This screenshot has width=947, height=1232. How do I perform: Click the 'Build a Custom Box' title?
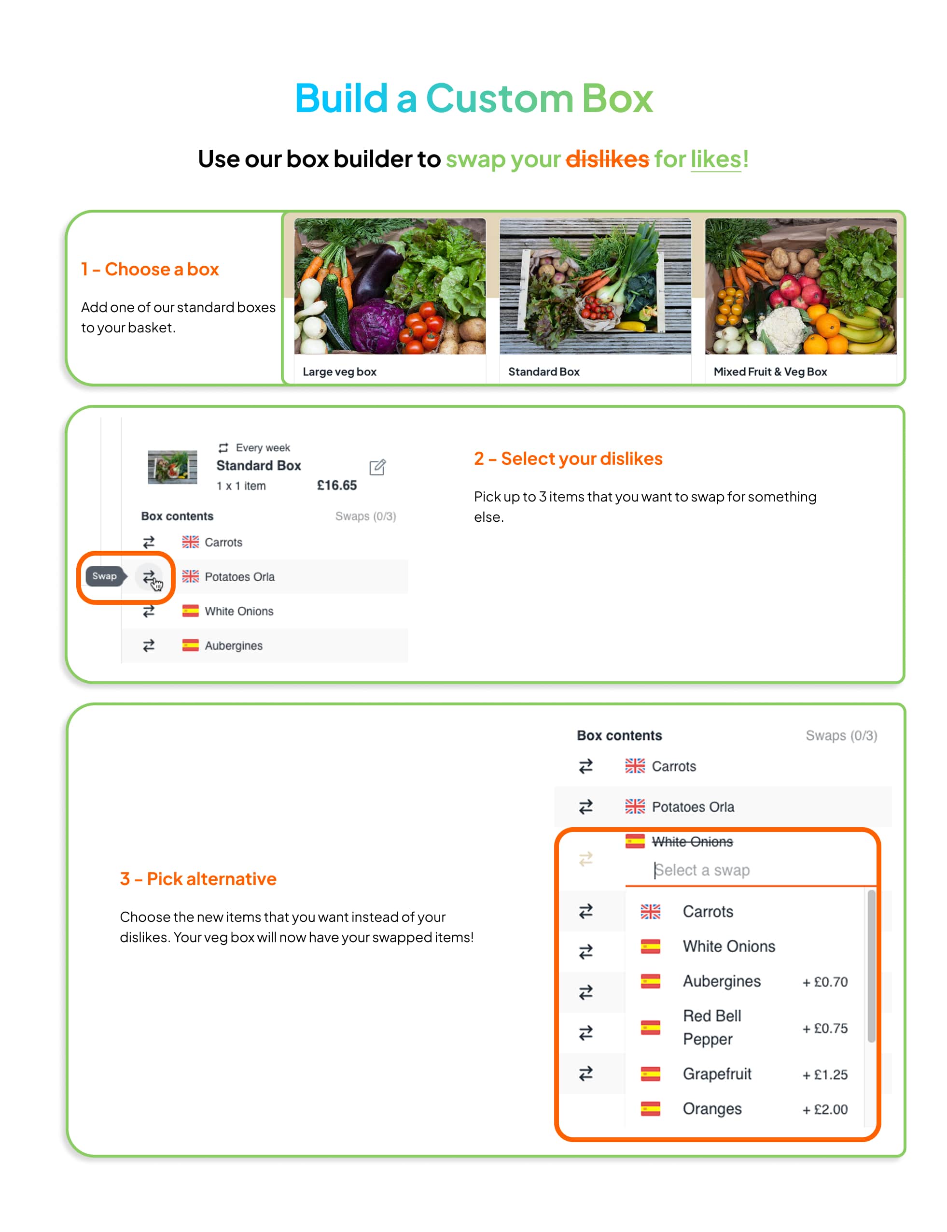point(473,98)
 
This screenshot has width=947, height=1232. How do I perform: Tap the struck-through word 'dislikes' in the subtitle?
point(607,159)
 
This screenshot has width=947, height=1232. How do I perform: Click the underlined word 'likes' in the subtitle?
point(716,159)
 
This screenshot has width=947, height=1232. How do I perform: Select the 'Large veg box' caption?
point(339,372)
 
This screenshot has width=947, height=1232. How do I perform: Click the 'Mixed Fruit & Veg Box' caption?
point(770,372)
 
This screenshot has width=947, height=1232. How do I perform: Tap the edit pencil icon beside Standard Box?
point(377,467)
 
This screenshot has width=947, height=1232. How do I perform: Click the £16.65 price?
point(336,485)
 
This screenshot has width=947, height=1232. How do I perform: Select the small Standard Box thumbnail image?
point(172,467)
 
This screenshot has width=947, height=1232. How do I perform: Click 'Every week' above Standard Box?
point(263,448)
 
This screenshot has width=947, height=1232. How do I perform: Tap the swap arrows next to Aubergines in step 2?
point(149,646)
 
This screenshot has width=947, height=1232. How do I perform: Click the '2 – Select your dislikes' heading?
point(568,458)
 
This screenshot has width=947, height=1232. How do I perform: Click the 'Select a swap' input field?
point(750,871)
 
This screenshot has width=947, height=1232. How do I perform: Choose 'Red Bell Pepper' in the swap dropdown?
point(711,1028)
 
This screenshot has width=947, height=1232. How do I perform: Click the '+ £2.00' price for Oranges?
point(825,1110)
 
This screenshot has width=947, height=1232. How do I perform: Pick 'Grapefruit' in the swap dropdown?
point(717,1074)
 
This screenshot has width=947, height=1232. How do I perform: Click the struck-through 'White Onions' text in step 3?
point(692,842)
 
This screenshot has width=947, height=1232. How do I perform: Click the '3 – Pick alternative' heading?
point(198,879)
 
